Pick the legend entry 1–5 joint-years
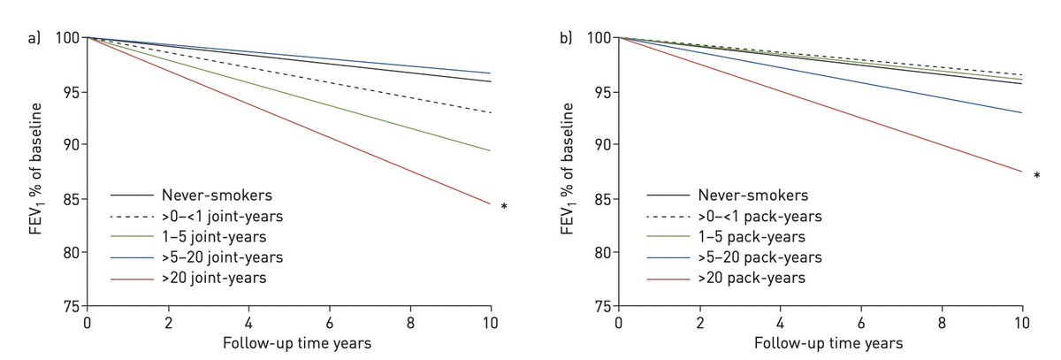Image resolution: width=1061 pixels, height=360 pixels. (x=212, y=236)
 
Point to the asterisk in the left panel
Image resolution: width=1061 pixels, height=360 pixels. (x=504, y=208)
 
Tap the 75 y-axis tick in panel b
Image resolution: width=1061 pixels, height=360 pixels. (x=601, y=306)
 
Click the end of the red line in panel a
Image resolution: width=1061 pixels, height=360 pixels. (x=491, y=204)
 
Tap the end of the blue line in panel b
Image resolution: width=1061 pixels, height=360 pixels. (x=1022, y=112)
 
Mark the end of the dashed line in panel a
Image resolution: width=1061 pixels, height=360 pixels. (x=491, y=112)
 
